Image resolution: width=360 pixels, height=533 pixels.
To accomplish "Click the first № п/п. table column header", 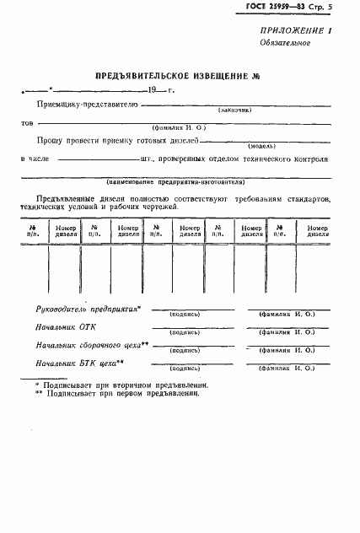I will pos(32,230).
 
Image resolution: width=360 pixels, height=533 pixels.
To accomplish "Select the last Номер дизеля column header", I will pos(318,230).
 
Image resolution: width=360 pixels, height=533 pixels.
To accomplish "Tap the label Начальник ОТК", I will pos(67,327).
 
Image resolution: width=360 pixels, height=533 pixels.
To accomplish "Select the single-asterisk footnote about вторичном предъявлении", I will pos(122,384).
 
